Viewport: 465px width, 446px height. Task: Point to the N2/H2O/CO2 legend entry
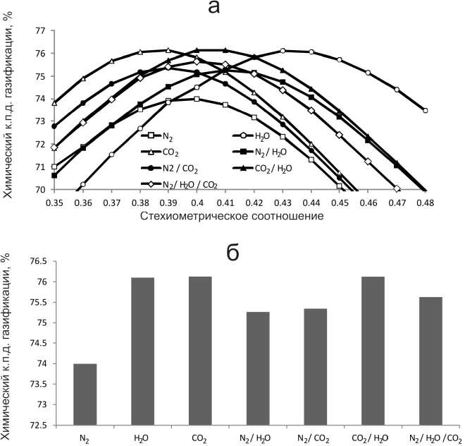(x=173, y=185)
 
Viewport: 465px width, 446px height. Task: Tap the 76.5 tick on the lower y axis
(x=35, y=261)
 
